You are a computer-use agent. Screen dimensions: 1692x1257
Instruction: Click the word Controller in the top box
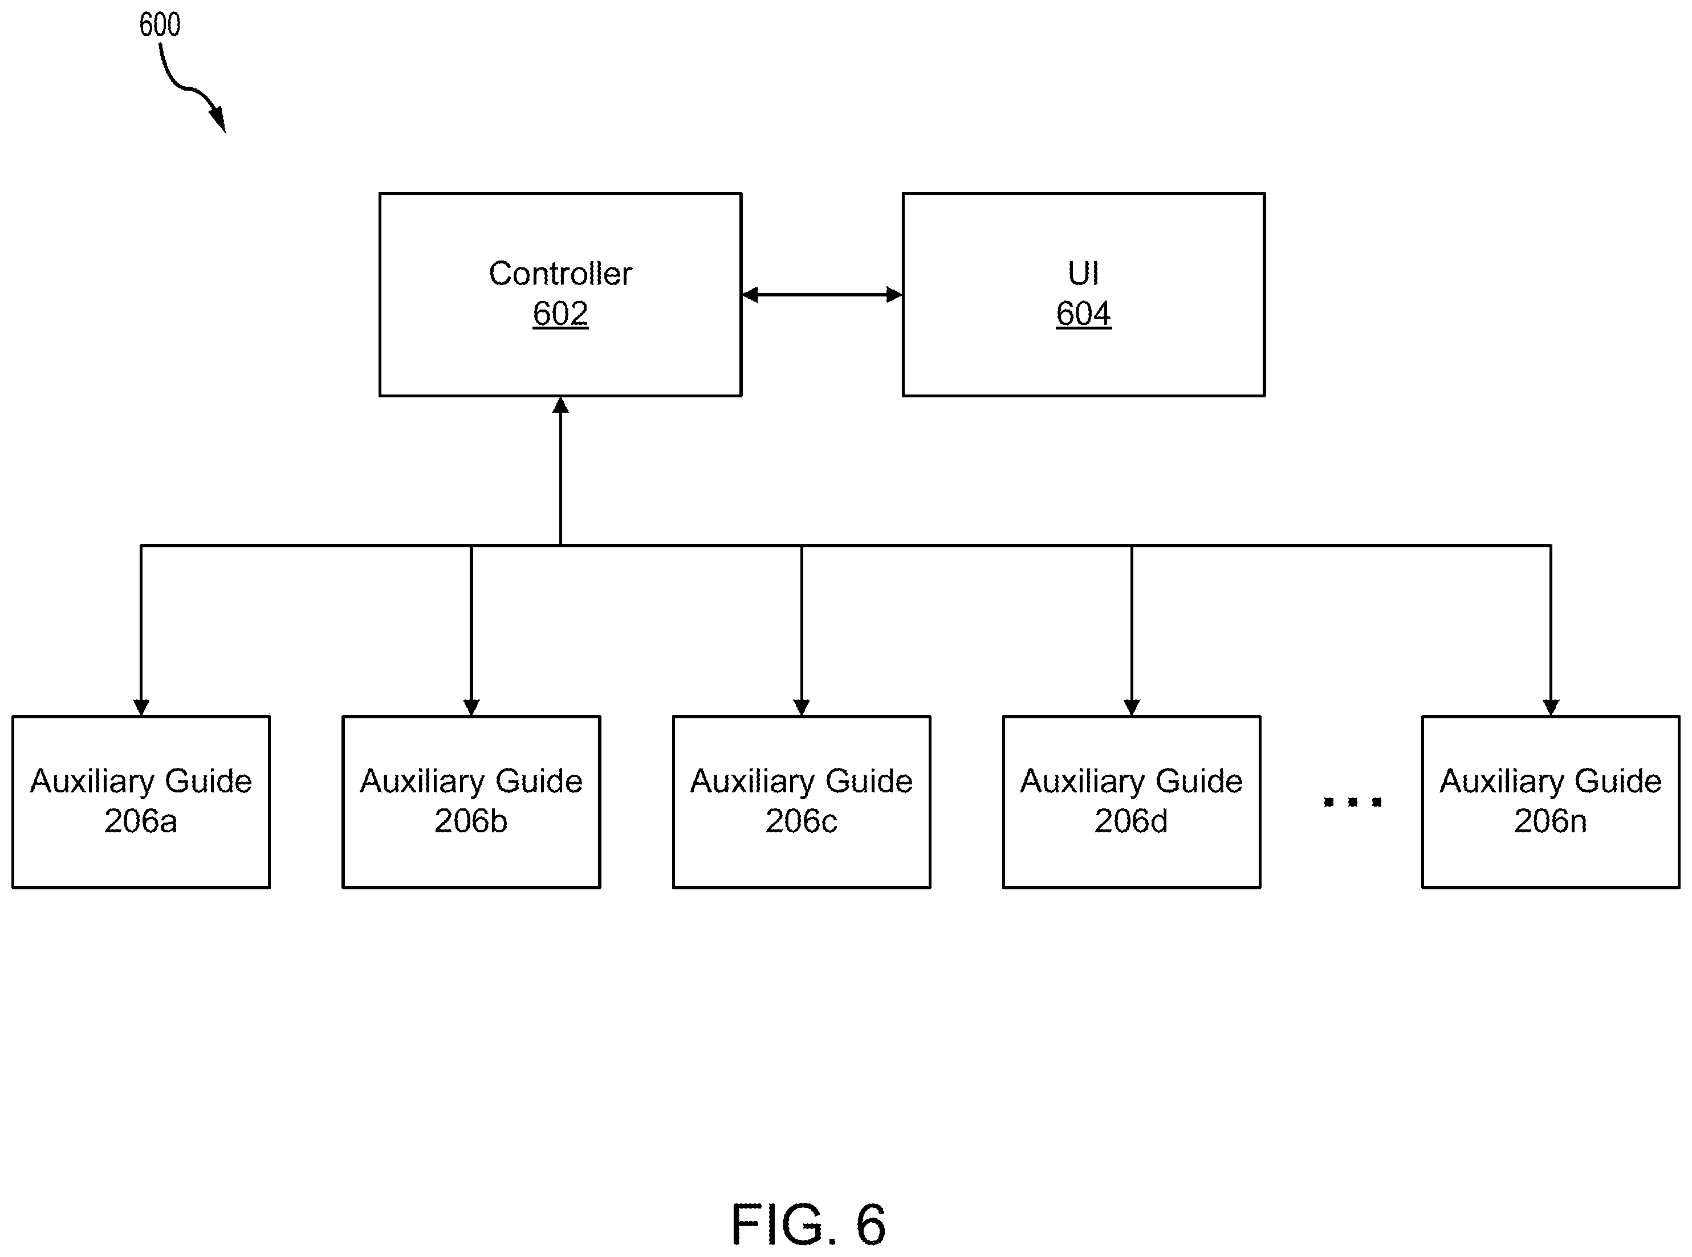pyautogui.click(x=560, y=273)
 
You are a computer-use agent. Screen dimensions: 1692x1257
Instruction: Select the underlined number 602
pyautogui.click(x=560, y=314)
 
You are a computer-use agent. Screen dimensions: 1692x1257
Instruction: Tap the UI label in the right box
pyautogui.click(x=1083, y=273)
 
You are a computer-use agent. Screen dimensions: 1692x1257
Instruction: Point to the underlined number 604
pyautogui.click(x=1083, y=314)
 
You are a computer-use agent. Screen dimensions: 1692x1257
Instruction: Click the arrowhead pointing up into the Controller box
pyautogui.click(x=561, y=405)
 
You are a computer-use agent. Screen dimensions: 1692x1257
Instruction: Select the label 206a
pyautogui.click(x=141, y=821)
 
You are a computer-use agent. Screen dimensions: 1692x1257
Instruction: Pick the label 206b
pyautogui.click(x=471, y=821)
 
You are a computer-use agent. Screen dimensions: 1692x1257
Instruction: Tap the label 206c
pyautogui.click(x=801, y=821)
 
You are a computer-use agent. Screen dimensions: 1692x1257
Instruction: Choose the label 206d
pyautogui.click(x=1131, y=821)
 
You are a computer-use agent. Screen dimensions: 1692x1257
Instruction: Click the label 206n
pyautogui.click(x=1551, y=821)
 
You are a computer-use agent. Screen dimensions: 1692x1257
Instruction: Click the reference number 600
pyautogui.click(x=160, y=25)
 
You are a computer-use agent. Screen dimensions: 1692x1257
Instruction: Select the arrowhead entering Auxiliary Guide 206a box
pyautogui.click(x=141, y=707)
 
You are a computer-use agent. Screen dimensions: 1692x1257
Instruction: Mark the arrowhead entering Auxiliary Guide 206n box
pyautogui.click(x=1551, y=707)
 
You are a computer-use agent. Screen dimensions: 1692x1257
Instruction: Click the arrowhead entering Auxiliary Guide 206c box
pyautogui.click(x=801, y=707)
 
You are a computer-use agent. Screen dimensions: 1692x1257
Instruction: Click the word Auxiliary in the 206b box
pyautogui.click(x=421, y=782)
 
